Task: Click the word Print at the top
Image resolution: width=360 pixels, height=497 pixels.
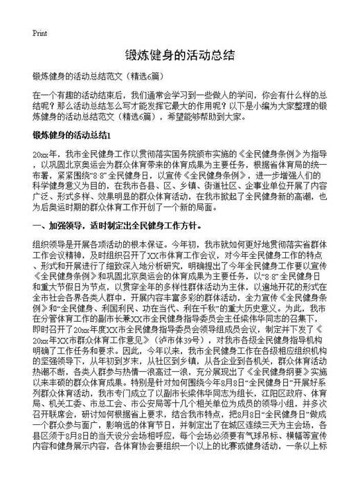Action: pos(39,33)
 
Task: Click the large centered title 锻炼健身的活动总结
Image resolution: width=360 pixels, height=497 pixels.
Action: pos(179,55)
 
